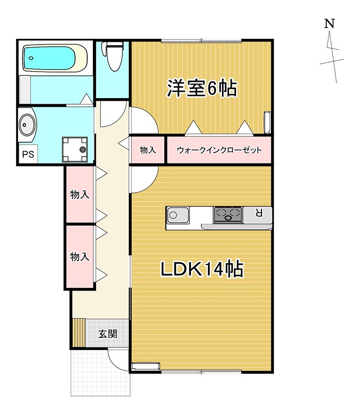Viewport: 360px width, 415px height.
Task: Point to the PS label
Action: pos(27,155)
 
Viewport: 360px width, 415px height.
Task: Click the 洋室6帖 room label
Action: pos(201,89)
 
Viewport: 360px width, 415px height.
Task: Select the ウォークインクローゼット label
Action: pos(218,150)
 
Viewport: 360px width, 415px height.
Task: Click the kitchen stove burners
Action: pos(228,213)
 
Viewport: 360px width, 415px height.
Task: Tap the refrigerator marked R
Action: pos(258,213)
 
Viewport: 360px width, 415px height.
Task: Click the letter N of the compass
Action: pos(329,24)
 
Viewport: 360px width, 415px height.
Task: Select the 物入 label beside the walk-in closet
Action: pos(148,150)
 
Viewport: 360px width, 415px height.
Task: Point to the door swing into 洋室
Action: pos(142,120)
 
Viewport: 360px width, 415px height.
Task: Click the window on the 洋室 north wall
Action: pos(201,40)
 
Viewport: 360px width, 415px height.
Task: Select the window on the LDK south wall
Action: pos(201,371)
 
